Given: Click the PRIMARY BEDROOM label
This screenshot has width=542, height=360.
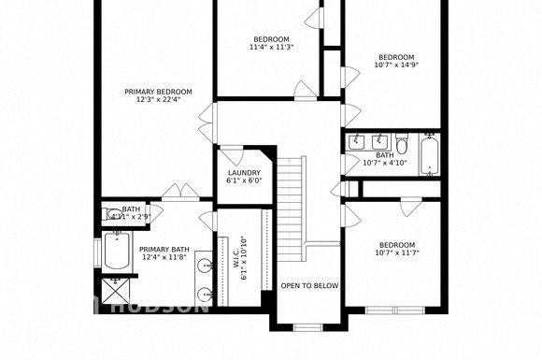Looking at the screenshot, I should click(159, 91).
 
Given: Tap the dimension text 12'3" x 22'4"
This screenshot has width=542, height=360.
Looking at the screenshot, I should click(159, 100).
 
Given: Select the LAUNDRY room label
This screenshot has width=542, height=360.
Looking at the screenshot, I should click(244, 173).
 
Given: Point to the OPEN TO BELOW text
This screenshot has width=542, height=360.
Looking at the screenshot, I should click(309, 286).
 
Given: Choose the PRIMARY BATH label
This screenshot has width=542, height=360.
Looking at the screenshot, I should click(164, 250).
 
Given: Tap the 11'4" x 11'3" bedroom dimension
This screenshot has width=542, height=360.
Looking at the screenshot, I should click(271, 47).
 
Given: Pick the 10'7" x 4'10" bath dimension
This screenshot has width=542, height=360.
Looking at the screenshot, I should click(385, 164).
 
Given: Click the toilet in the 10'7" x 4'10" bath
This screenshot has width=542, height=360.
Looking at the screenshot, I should click(402, 145).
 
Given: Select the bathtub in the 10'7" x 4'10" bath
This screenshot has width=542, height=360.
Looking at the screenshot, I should click(429, 154).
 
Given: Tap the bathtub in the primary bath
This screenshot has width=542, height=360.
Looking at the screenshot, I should click(118, 252).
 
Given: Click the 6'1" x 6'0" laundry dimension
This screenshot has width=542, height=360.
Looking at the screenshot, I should click(244, 181).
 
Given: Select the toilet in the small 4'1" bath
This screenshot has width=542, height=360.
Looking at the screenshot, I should click(113, 214).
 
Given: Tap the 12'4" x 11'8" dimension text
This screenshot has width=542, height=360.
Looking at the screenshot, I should click(164, 259).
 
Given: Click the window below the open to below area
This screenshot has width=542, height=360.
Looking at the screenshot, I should click(307, 326).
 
